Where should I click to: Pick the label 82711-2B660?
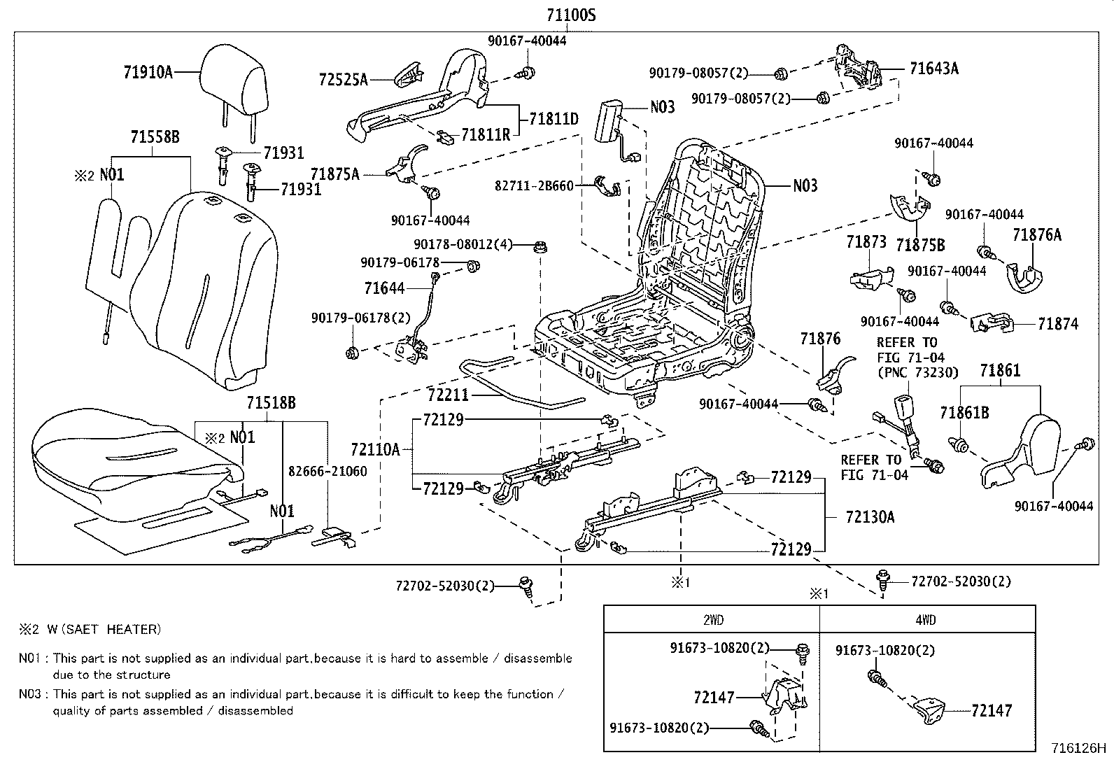click(534, 185)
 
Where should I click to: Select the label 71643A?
click(933, 68)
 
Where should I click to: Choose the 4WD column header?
click(925, 619)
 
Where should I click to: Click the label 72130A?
click(870, 517)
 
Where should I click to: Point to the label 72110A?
click(375, 449)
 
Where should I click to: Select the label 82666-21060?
click(328, 471)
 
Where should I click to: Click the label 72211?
click(448, 395)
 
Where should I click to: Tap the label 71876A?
click(1036, 235)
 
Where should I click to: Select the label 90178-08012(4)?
click(463, 244)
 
